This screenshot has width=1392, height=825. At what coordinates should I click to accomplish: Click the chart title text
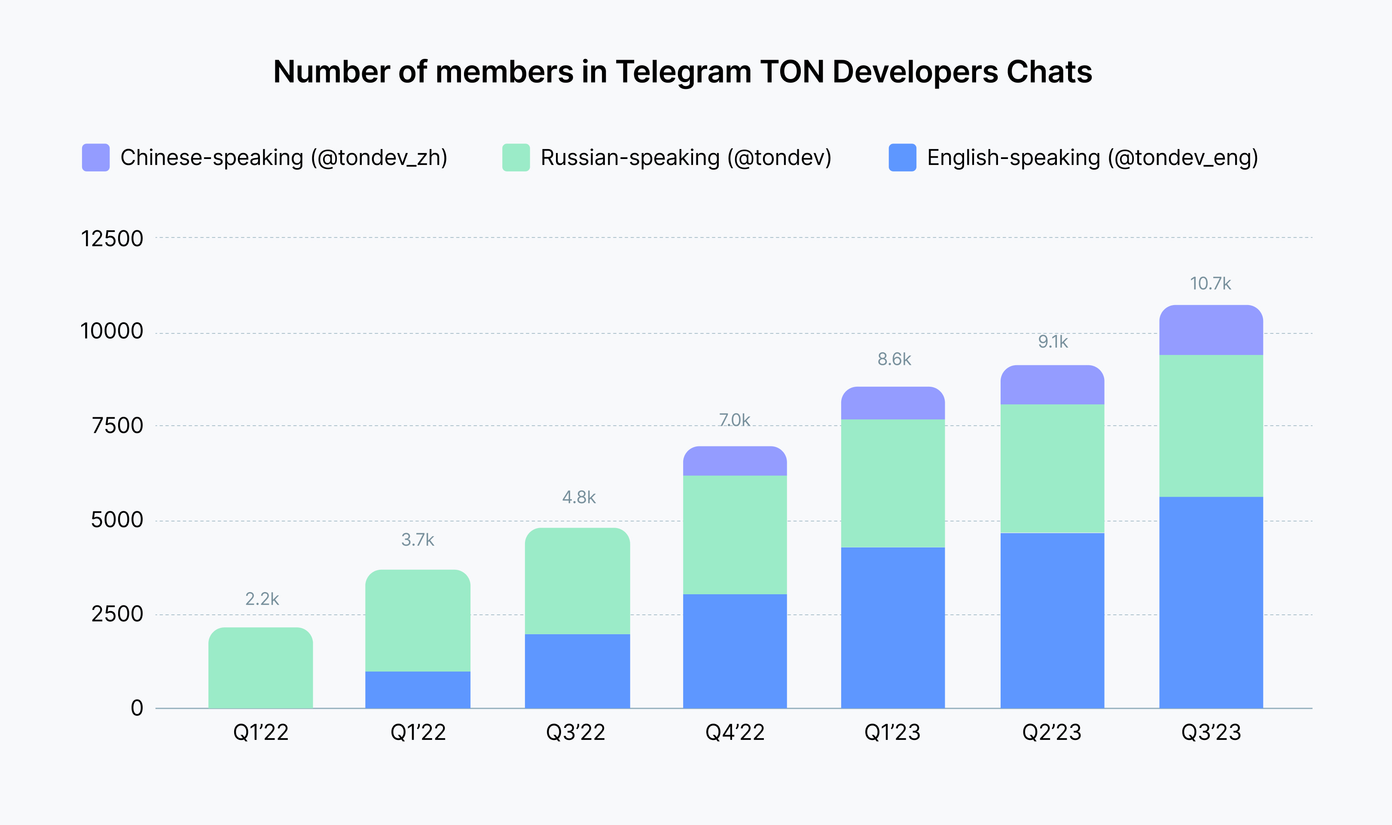(x=682, y=72)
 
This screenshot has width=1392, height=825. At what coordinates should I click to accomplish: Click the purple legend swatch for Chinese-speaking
(x=95, y=157)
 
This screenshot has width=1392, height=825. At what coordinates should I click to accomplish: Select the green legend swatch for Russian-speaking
(x=516, y=157)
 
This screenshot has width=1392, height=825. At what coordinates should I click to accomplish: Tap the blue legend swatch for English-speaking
(x=903, y=157)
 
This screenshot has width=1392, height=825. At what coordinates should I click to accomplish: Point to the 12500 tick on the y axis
(x=112, y=238)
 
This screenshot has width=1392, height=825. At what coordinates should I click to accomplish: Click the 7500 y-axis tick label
(x=118, y=426)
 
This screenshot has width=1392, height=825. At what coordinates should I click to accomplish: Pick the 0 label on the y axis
(x=137, y=708)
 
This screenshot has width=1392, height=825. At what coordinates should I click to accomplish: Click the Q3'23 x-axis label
(x=1211, y=733)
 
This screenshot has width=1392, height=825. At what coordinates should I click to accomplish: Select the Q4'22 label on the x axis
(x=735, y=733)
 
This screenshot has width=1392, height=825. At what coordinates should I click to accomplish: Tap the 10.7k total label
(x=1210, y=284)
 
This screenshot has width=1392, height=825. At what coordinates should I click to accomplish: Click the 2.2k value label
(x=262, y=599)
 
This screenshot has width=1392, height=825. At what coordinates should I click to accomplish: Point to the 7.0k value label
(x=734, y=420)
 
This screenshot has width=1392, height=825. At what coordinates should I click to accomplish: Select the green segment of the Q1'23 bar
(x=892, y=483)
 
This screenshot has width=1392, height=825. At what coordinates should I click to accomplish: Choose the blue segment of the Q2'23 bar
(x=1052, y=620)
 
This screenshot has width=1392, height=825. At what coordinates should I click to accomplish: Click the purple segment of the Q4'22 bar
(x=735, y=461)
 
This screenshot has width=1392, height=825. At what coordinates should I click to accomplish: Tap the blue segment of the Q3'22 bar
(x=577, y=671)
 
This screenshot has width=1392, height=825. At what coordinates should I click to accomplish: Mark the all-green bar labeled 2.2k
(x=261, y=668)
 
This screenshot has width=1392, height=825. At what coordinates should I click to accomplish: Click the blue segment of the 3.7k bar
(x=418, y=690)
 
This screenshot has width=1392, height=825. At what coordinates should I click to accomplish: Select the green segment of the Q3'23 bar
(x=1211, y=426)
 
